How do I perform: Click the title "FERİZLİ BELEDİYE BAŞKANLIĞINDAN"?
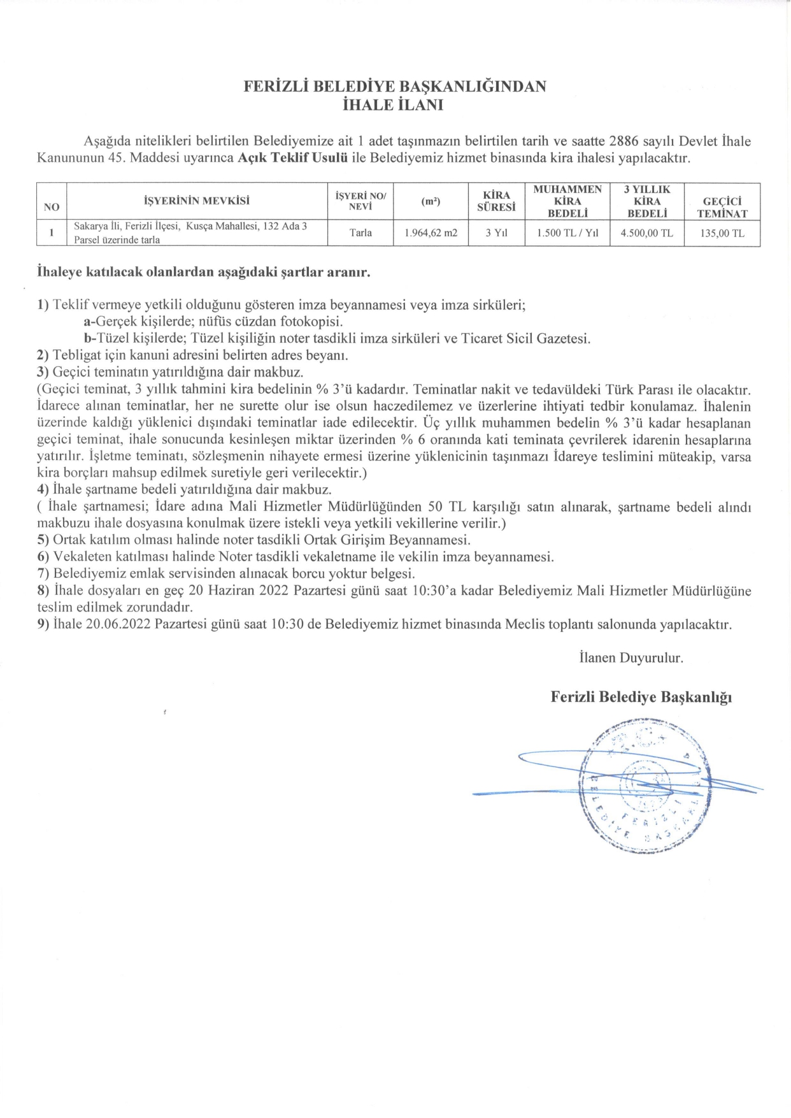point(395,87)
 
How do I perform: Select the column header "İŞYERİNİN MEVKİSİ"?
point(197,201)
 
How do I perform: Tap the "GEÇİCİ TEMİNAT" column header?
point(722,208)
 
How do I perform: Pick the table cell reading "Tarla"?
point(360,233)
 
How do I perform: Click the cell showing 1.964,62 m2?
point(431,233)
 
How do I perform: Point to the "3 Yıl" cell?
point(496,233)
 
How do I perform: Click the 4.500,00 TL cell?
point(646,233)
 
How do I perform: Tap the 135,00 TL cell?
point(722,233)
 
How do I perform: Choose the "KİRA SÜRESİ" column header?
point(496,201)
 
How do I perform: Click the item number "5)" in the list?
point(43,540)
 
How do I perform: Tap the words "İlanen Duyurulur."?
point(631,658)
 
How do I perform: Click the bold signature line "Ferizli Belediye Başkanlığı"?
point(641,697)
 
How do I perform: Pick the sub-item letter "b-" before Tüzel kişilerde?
point(90,338)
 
